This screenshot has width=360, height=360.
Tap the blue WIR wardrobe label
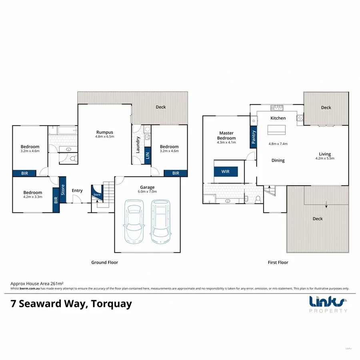[x=226, y=171]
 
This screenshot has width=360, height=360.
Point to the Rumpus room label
[x=104, y=132]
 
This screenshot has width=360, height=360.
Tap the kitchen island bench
[x=276, y=129]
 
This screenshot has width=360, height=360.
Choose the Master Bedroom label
[x=226, y=135]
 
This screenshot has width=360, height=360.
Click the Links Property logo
[x=328, y=304]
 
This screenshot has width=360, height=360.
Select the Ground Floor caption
[x=104, y=262]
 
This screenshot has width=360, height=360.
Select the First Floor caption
[x=278, y=262]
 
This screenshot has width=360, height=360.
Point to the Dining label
[x=278, y=160]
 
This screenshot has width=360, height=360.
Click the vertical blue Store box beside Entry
[x=62, y=190]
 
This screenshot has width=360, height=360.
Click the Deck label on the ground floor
[x=160, y=107]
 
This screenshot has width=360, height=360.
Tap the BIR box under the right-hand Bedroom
[x=176, y=173]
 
